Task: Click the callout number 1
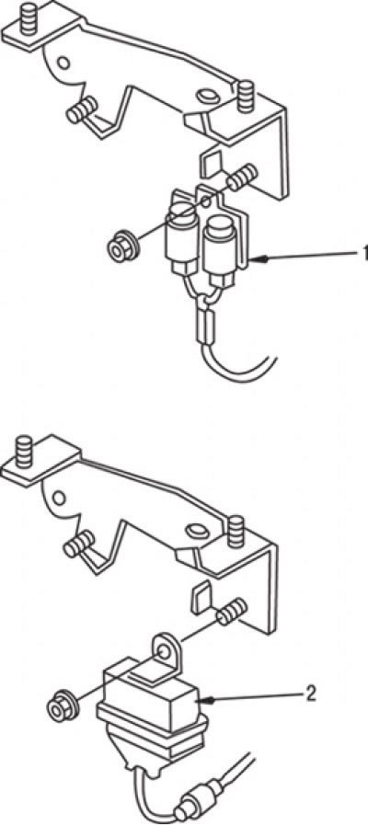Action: click(363, 253)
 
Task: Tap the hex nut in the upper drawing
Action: click(121, 247)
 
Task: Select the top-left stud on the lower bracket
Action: click(24, 452)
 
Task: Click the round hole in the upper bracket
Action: click(63, 63)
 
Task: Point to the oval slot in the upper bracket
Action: click(205, 96)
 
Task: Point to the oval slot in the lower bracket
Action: click(198, 530)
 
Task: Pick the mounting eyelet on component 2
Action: click(165, 649)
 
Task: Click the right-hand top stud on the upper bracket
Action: click(245, 96)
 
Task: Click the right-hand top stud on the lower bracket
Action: click(236, 532)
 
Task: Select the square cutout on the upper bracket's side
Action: click(210, 164)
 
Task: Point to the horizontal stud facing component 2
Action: click(232, 611)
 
